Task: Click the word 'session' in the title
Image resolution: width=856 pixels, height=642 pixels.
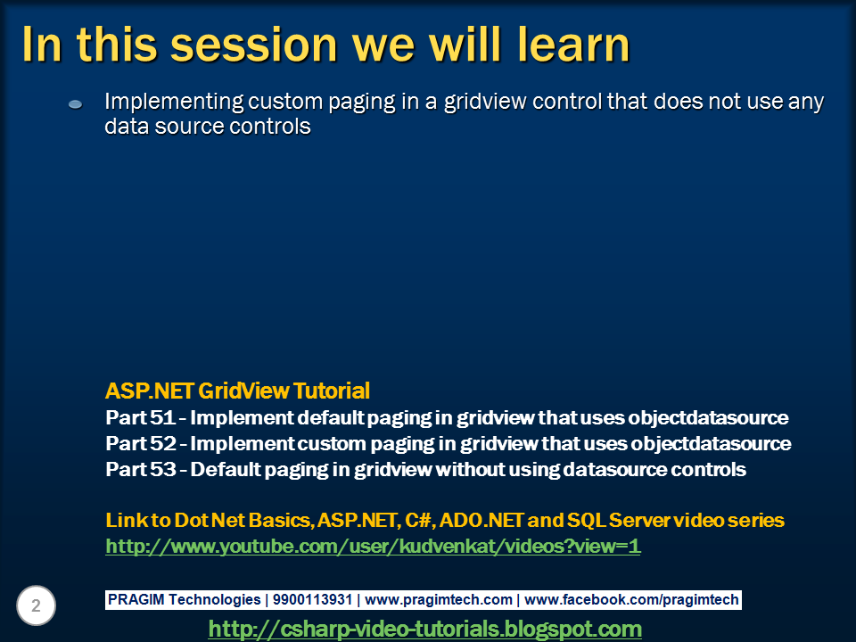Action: (254, 45)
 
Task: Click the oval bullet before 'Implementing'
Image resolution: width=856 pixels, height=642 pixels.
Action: (75, 103)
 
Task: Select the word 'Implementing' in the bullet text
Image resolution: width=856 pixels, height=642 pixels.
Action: (174, 102)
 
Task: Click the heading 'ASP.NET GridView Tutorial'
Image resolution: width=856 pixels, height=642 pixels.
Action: (237, 391)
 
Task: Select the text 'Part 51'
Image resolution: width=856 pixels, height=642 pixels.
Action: (140, 417)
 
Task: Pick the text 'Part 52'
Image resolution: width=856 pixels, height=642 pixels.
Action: (141, 443)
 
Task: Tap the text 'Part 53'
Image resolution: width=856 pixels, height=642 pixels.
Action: (141, 470)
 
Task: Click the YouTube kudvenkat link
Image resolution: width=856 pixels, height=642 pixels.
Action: (373, 546)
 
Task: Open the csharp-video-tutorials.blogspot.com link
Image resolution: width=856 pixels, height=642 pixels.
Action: (424, 629)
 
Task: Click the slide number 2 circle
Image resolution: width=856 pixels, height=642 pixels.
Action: (36, 605)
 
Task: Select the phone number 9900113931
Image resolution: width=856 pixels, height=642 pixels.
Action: (312, 599)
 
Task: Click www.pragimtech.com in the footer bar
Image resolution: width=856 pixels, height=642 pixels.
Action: (439, 600)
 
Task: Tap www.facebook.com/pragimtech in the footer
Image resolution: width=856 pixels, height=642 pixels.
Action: (631, 600)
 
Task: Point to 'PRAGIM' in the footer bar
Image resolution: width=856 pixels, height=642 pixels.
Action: (136, 599)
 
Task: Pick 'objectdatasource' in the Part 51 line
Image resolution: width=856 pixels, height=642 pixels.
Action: (708, 417)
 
